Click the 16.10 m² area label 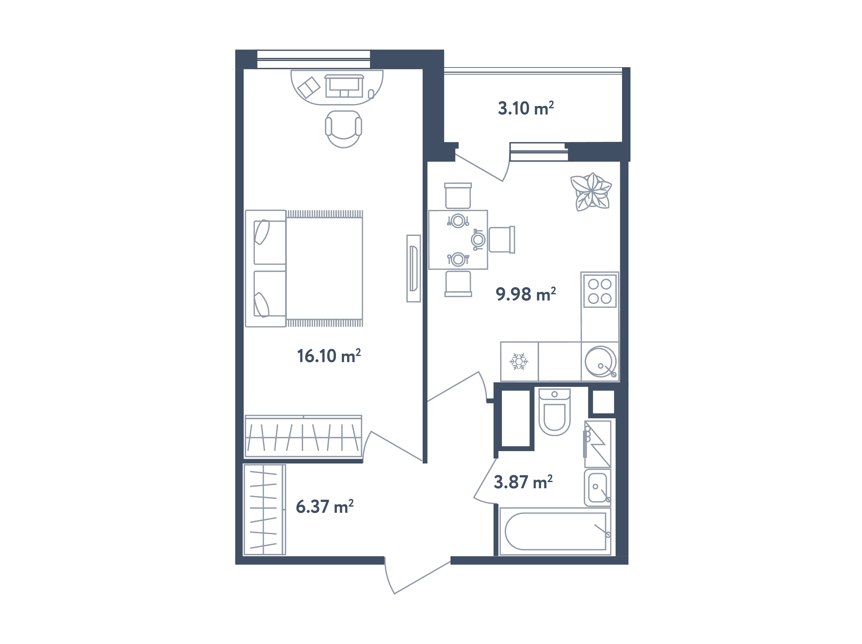point(329,356)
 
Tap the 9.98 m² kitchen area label point(525,294)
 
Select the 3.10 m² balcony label point(525,108)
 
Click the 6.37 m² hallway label point(324,507)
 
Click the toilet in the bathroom point(554,413)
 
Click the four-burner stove point(599,291)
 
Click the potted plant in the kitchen point(591,192)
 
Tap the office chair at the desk point(343,128)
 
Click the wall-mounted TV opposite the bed point(413,268)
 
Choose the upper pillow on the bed point(262,232)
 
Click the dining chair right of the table point(502,239)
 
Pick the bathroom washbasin point(597,487)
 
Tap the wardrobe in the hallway point(264,509)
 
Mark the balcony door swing point(483,168)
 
